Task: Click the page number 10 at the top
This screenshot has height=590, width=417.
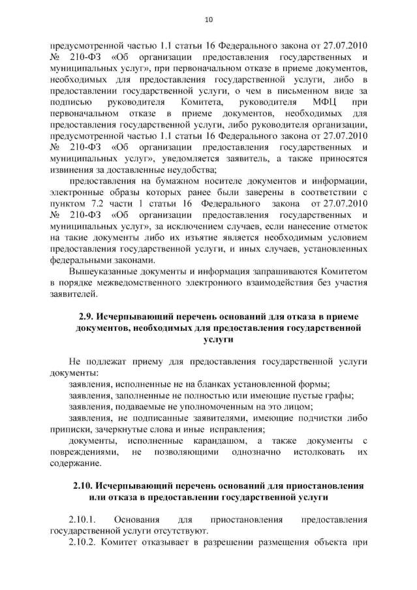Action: (x=209, y=20)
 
